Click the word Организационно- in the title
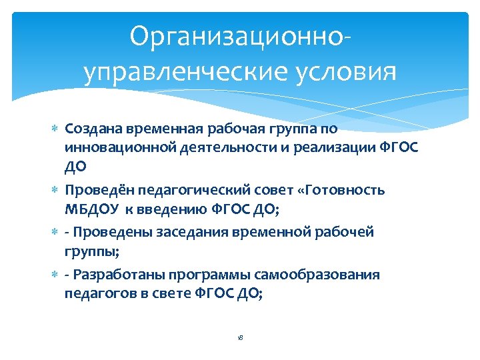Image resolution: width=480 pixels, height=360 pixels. pos(239,37)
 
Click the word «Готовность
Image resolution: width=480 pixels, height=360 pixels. pos(342,190)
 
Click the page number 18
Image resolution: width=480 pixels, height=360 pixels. pos(240,338)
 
